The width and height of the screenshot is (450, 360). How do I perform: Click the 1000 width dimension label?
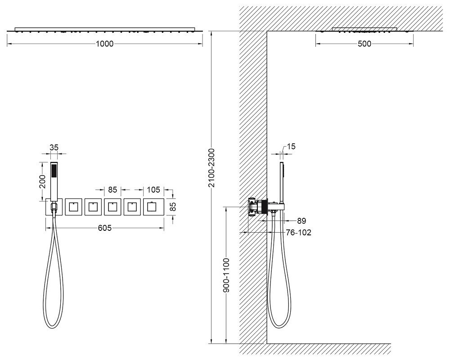pos(104,44)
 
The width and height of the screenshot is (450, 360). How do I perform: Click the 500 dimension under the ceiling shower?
pos(364,44)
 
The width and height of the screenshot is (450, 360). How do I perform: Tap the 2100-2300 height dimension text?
pos(211,168)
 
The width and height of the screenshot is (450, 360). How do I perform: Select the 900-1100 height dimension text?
pos(227,275)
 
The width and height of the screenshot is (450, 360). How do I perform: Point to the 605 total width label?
pos(105,228)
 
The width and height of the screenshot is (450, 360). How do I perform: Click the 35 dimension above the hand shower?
pos(54,148)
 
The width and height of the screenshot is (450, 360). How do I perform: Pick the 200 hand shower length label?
pos(42,181)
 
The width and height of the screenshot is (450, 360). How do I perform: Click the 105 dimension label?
pos(153,190)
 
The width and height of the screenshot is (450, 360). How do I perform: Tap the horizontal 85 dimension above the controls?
pos(112,190)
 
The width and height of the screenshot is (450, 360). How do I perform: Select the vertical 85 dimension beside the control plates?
pos(173,207)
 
